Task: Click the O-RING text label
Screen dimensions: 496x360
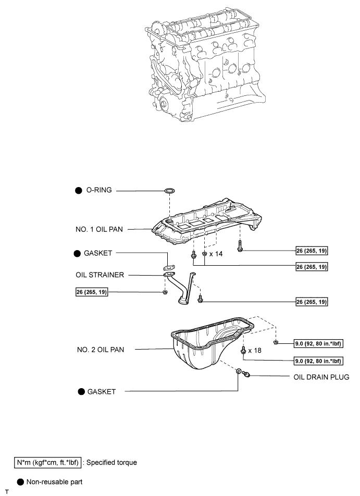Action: pyautogui.click(x=98, y=191)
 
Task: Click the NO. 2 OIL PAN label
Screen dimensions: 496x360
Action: pyautogui.click(x=100, y=350)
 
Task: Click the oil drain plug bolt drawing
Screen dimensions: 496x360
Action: pyautogui.click(x=247, y=374)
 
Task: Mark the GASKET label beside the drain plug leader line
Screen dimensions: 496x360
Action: pyautogui.click(x=103, y=391)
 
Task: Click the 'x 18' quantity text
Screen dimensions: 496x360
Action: pyautogui.click(x=255, y=351)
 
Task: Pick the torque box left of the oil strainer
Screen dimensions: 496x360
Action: pyautogui.click(x=92, y=292)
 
